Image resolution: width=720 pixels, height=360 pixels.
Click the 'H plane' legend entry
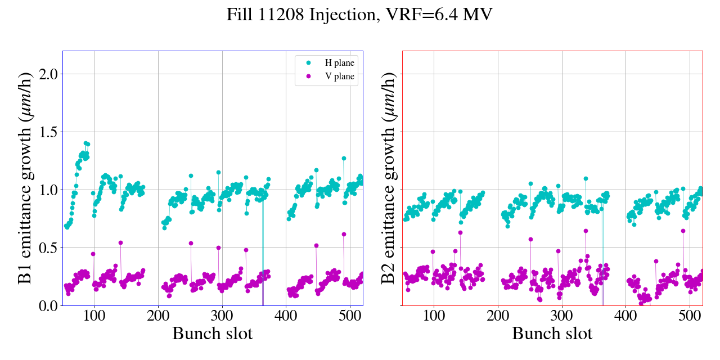click(339, 63)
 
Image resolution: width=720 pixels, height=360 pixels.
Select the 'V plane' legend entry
click(339, 77)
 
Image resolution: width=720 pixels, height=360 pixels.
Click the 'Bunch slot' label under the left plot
click(213, 334)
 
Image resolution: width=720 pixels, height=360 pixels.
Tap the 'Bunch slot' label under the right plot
click(552, 334)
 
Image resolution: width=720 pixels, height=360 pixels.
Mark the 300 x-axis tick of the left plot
click(222, 316)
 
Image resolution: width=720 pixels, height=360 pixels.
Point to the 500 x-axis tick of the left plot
click(350, 316)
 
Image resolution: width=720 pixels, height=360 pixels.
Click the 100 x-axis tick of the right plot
click(434, 316)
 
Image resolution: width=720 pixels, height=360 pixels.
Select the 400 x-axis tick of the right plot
click(626, 316)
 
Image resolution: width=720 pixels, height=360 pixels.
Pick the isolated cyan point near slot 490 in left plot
click(344, 159)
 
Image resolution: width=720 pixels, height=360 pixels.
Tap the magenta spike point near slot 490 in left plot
click(344, 234)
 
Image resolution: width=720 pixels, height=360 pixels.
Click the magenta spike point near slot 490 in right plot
click(683, 231)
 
